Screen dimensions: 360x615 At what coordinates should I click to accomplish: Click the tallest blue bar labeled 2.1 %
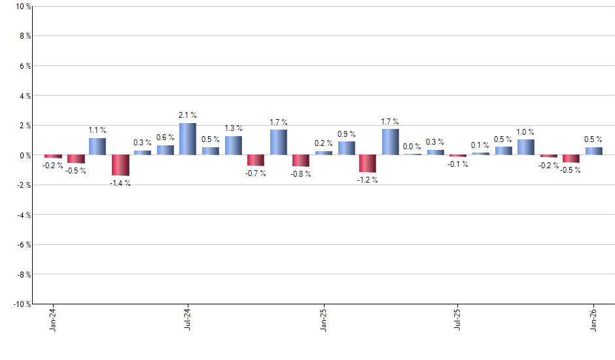tap(188, 139)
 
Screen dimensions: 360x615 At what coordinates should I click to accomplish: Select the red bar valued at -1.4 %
tap(120, 165)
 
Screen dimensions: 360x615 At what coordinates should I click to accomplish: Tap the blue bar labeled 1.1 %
tap(97, 147)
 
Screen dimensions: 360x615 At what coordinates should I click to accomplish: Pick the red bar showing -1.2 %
tap(368, 164)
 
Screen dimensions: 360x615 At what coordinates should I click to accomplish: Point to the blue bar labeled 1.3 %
tap(234, 145)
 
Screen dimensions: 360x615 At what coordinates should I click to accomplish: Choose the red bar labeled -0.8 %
tap(301, 160)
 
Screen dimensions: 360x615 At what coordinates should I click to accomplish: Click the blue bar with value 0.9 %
tap(347, 148)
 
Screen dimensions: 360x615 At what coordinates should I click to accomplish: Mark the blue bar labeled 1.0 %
tap(526, 147)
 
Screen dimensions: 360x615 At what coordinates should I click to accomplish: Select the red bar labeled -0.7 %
tap(256, 160)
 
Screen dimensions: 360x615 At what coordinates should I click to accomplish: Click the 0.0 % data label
tap(412, 147)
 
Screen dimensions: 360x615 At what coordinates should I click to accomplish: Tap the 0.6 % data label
tap(166, 137)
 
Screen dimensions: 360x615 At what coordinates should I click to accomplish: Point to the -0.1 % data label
tap(457, 164)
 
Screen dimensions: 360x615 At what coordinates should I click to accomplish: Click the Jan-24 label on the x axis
tap(53, 320)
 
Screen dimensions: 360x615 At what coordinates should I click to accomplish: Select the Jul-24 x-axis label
tap(188, 320)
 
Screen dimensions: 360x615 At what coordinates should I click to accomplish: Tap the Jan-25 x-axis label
tap(324, 320)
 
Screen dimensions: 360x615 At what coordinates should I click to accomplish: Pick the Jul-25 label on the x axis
tap(458, 320)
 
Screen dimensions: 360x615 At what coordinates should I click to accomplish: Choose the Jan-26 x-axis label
tap(594, 320)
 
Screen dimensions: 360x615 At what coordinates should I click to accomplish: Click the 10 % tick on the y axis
tap(22, 7)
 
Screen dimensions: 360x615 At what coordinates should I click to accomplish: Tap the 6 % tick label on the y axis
tap(24, 66)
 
